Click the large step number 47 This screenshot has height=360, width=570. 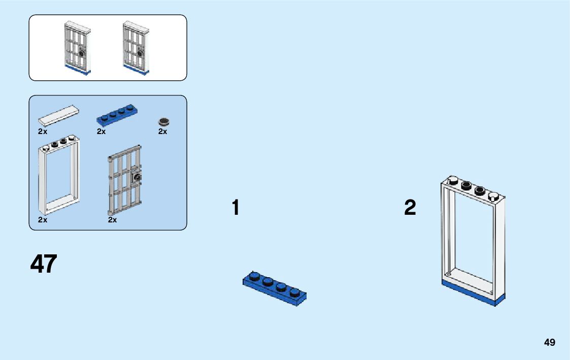[44, 264]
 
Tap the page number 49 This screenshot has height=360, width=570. [550, 342]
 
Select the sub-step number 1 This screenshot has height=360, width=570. [236, 208]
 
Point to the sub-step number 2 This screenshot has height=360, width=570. [410, 208]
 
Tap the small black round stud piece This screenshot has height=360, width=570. [164, 121]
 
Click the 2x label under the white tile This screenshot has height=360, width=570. [43, 131]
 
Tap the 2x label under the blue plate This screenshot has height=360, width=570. [102, 131]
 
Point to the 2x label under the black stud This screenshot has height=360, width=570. [162, 131]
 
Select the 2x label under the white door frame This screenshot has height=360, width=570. [43, 220]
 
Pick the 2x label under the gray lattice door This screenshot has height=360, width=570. [113, 220]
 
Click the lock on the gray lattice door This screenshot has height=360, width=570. [137, 177]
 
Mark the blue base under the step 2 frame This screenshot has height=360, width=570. [473, 293]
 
